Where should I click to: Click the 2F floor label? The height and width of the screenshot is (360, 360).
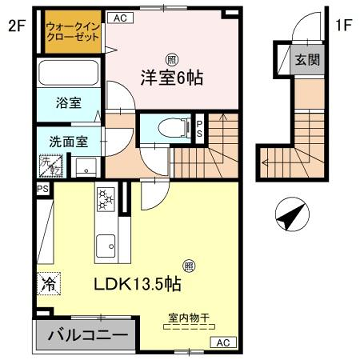point(16,28)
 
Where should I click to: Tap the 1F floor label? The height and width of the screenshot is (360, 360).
point(342,28)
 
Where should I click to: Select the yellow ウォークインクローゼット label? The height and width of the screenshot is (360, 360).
point(72,30)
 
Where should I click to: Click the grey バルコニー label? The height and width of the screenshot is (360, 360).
point(83,334)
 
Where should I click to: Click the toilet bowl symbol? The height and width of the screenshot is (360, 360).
point(171,127)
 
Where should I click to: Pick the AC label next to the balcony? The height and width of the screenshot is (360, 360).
point(219,343)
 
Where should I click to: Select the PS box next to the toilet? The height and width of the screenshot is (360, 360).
point(200,128)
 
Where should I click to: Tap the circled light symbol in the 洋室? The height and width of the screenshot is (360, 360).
point(172,58)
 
